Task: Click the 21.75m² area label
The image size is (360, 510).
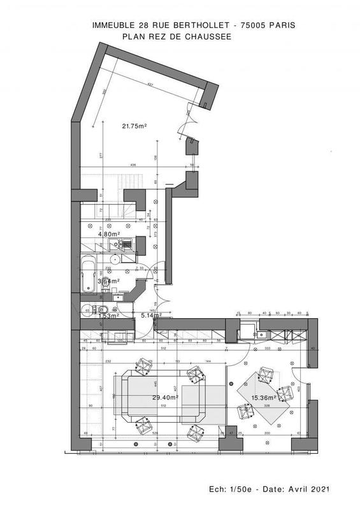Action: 134,126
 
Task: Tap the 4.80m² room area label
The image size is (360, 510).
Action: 108,234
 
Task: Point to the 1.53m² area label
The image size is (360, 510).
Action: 107,316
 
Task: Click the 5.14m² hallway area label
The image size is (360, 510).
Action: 151,315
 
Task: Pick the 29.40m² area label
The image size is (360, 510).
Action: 164,397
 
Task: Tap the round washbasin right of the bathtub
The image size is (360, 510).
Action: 112,259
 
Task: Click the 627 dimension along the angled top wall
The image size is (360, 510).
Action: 150,85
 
